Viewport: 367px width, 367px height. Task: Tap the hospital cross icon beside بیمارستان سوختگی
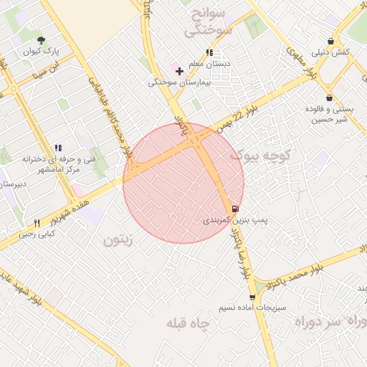click(179, 71)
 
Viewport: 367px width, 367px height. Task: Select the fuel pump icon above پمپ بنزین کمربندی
click(236, 209)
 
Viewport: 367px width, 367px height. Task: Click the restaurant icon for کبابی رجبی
click(37, 223)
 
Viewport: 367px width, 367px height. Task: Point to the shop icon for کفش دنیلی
click(330, 41)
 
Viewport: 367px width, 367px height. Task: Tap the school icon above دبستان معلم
click(209, 52)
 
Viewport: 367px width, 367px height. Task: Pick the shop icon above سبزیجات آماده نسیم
click(252, 296)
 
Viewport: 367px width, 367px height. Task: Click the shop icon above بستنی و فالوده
click(329, 97)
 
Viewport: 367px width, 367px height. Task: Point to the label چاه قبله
click(187, 324)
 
